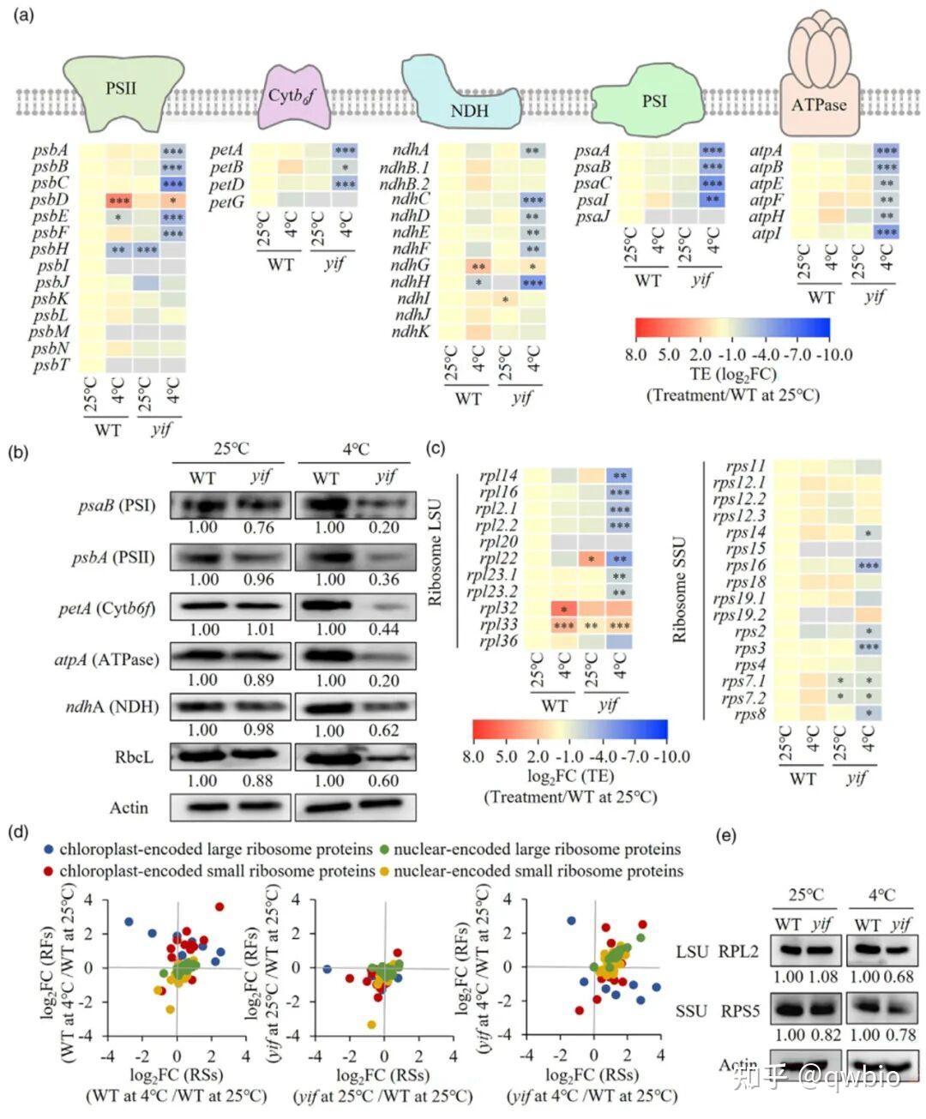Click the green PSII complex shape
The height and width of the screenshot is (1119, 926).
click(122, 89)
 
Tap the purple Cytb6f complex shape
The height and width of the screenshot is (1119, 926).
click(292, 97)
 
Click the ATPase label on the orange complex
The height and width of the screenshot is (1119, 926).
click(819, 105)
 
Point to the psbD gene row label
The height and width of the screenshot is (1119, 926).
click(50, 200)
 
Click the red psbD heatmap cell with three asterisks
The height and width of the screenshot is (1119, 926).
click(119, 200)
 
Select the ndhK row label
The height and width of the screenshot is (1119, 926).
click(412, 331)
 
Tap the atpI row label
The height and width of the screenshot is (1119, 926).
click(766, 232)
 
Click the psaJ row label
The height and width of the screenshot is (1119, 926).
click(592, 216)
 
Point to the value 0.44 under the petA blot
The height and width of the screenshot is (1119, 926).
click(383, 629)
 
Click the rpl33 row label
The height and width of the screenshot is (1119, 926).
click(498, 625)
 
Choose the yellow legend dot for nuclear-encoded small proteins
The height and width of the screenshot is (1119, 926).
click(385, 871)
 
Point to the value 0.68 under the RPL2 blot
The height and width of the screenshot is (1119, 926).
click(899, 977)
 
